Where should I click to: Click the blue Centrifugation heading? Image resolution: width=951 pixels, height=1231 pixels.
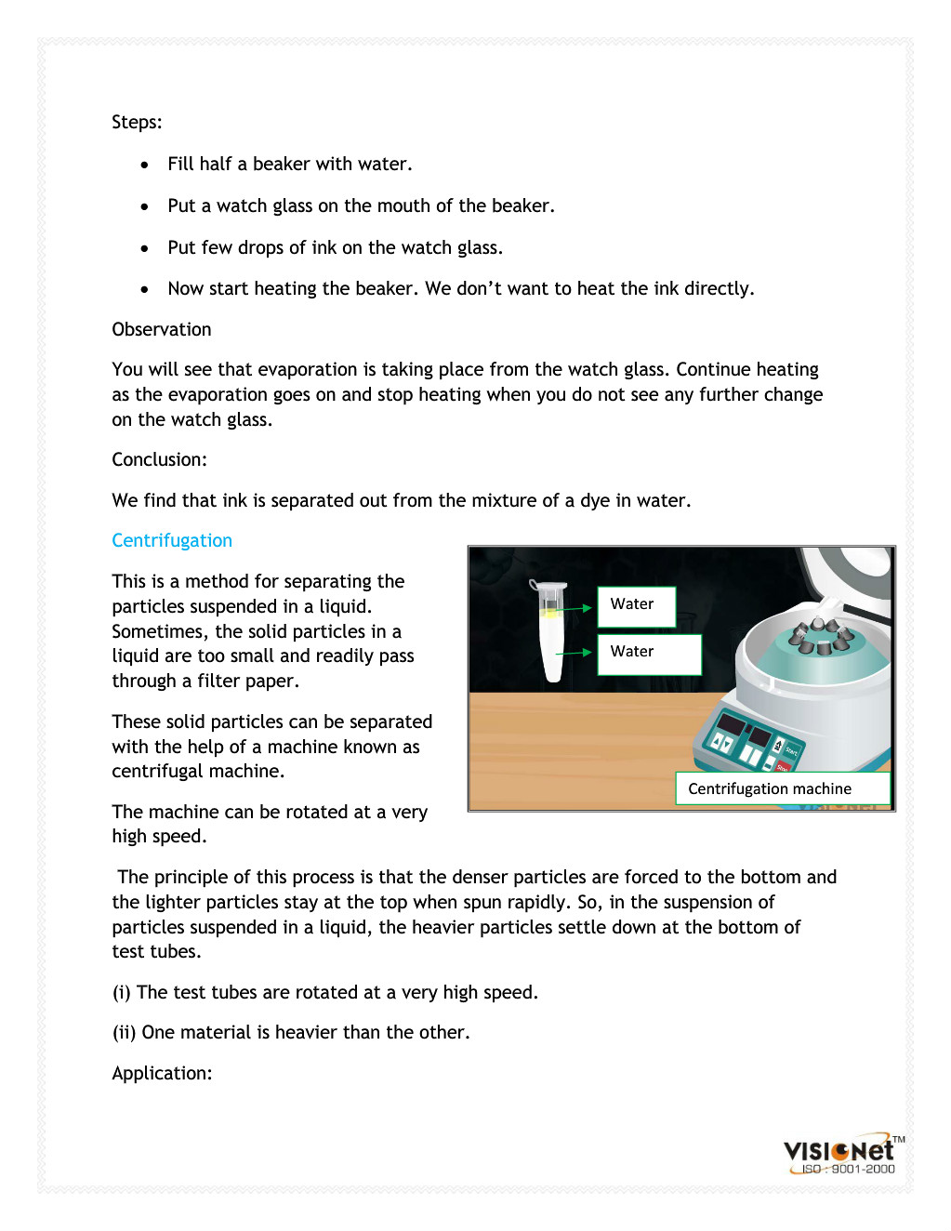172,540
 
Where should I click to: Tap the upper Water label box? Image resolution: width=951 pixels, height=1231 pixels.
636,605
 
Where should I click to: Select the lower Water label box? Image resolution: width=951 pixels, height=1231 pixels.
648,654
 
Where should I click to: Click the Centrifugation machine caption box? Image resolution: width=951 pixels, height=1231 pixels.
782,788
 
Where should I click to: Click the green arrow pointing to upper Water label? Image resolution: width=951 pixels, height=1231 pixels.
574,608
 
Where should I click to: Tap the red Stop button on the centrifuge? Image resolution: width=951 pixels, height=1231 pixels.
782,765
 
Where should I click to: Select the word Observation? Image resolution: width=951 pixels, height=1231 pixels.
162,329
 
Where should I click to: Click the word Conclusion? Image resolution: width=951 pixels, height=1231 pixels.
159,459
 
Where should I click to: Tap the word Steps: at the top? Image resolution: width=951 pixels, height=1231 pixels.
137,122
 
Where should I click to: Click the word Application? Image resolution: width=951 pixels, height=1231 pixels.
162,1073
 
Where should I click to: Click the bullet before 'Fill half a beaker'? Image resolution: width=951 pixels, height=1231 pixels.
144,165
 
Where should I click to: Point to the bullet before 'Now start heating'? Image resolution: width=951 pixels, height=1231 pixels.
144,289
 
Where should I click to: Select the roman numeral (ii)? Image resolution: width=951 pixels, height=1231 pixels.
125,1032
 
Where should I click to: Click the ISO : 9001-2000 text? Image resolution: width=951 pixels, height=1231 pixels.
848,1169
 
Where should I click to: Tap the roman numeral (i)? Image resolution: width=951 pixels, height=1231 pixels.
122,992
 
